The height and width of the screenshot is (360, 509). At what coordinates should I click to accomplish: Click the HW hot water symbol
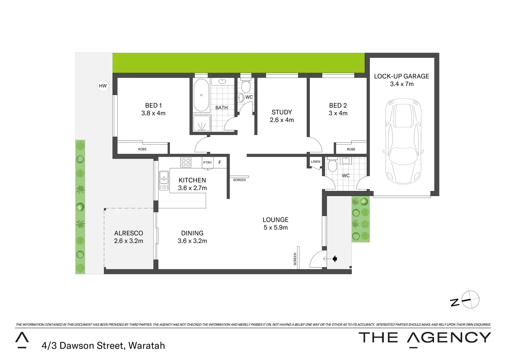coord(103,86)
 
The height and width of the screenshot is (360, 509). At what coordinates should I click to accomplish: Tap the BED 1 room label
coord(153,105)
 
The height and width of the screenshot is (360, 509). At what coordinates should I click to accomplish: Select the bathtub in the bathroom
coord(201,95)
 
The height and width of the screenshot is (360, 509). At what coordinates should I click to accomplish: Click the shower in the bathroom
coord(202,123)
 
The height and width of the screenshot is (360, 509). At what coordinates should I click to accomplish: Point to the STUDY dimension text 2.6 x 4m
coord(282,120)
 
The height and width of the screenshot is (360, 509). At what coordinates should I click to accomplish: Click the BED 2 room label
coord(338,105)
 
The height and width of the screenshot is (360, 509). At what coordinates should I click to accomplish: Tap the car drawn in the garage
coord(403,141)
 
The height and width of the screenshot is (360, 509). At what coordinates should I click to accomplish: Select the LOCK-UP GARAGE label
coord(401,76)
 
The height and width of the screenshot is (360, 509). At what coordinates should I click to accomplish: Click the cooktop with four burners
coord(186,162)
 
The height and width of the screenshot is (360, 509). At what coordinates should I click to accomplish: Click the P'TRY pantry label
coord(208,163)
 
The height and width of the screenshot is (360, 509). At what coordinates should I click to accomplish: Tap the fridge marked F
coord(220,163)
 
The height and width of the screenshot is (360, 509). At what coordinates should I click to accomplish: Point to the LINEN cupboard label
coord(315,162)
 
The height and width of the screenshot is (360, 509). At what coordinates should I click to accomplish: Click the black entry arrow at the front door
coord(334,259)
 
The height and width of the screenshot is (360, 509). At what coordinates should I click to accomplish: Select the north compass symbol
coord(470,300)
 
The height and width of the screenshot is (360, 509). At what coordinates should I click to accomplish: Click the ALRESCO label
coord(129,233)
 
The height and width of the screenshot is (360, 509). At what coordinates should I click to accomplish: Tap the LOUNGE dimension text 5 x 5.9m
coord(275,228)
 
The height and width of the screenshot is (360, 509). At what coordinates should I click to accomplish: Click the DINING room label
coord(192,233)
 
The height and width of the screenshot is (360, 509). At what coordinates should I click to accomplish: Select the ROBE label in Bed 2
coord(351,149)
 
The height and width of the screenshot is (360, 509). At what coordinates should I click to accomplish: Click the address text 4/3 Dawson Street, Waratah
coord(103,346)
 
